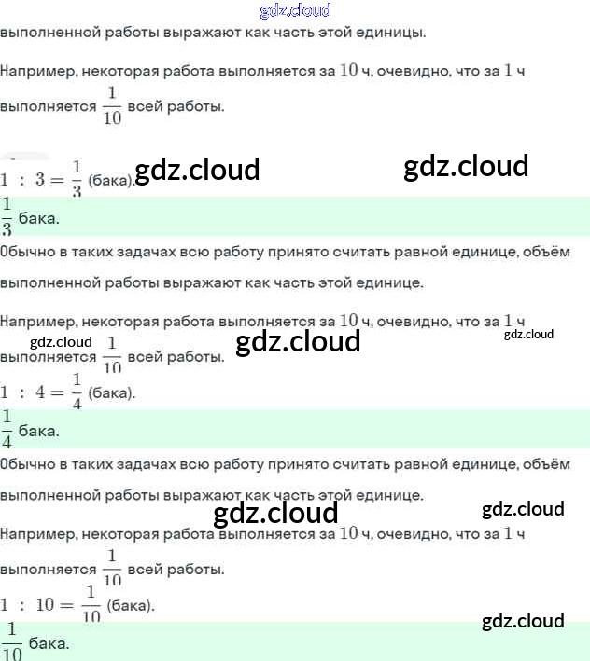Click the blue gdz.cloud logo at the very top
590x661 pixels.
pyautogui.click(x=294, y=10)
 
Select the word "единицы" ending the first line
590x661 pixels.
pyautogui.click(x=394, y=34)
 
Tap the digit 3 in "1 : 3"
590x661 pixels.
pyautogui.click(x=40, y=180)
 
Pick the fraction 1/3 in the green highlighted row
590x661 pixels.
pyautogui.click(x=7, y=217)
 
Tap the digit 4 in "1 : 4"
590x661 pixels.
pyautogui.click(x=40, y=392)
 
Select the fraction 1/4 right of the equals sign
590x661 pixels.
pyautogui.click(x=77, y=392)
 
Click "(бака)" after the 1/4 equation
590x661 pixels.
pyautogui.click(x=112, y=392)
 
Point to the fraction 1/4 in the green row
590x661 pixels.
pyautogui.click(x=7, y=429)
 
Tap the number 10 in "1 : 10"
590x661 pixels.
pyautogui.click(x=45, y=605)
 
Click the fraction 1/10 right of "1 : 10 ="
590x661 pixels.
pyautogui.click(x=91, y=605)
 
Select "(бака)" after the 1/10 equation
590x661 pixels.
pyautogui.click(x=131, y=605)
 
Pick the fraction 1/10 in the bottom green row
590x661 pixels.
pyautogui.click(x=11, y=641)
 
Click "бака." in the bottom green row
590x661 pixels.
pyautogui.click(x=49, y=643)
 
